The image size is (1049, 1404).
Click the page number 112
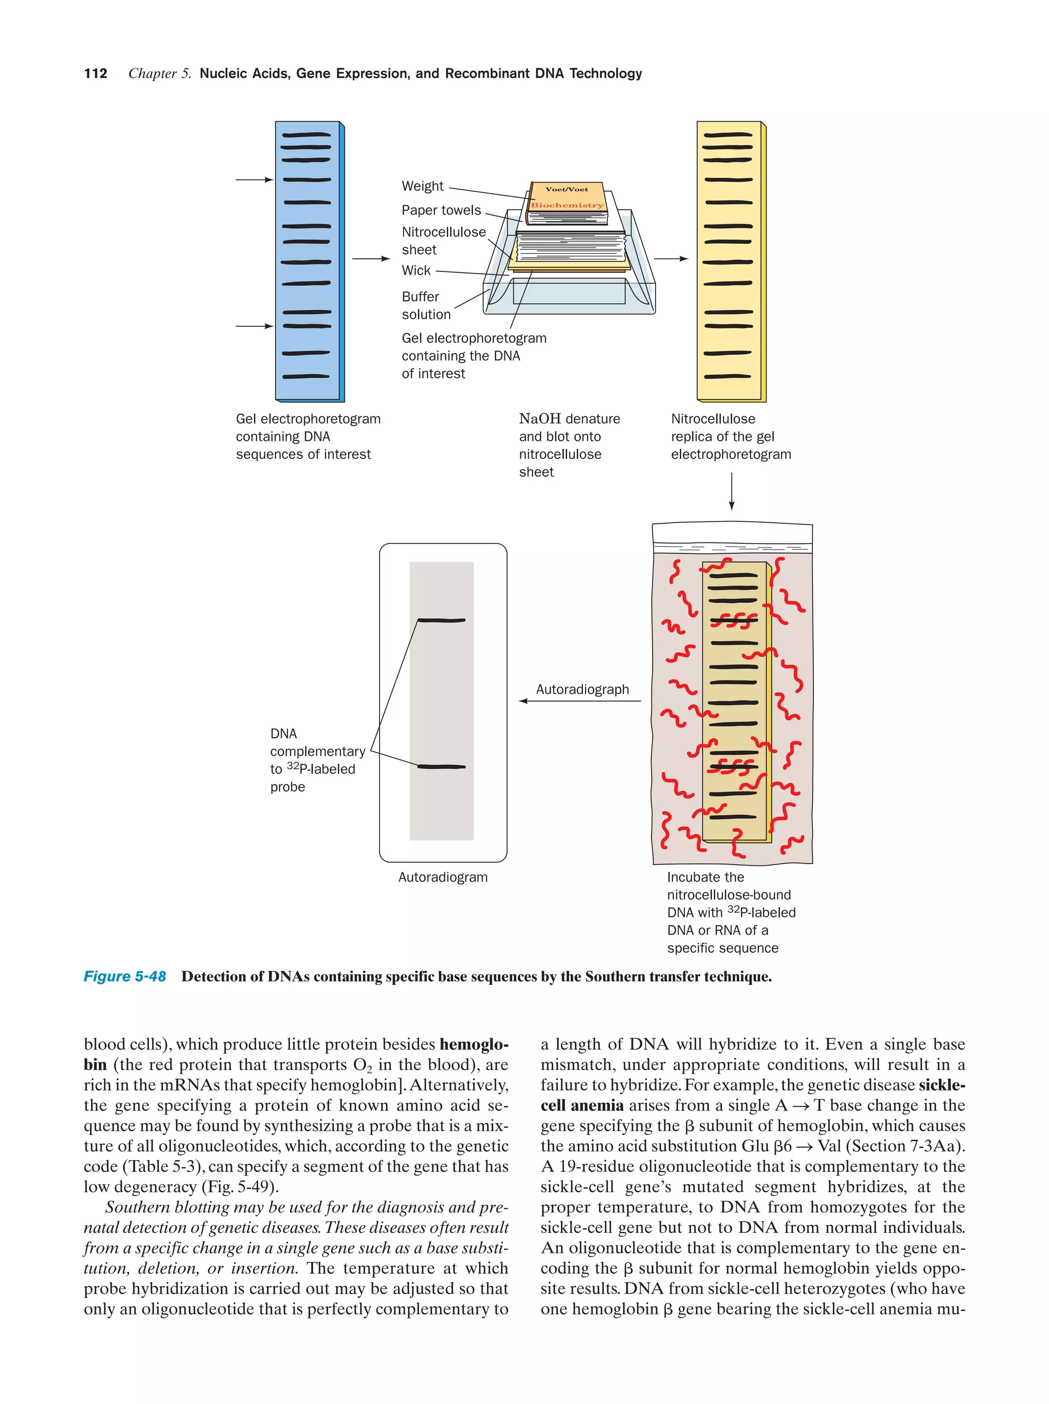point(95,74)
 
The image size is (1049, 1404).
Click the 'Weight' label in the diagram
point(422,186)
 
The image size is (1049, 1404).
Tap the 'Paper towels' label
point(441,210)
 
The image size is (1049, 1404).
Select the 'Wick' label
point(416,270)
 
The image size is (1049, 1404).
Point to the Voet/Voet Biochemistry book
point(567,197)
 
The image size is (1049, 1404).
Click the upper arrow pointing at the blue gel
point(254,180)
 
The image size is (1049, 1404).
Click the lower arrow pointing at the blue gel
point(254,326)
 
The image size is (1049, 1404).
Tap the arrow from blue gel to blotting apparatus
point(371,259)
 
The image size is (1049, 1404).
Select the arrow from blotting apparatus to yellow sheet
point(671,259)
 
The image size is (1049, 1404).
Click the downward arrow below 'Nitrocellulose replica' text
point(732,491)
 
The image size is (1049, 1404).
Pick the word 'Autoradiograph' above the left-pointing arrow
point(582,689)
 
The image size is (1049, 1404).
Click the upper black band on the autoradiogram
point(441,620)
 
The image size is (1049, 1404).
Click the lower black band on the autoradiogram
point(441,767)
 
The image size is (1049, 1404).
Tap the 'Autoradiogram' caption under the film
point(443,877)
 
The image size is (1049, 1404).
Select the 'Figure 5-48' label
point(124,977)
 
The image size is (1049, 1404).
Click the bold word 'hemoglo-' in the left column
point(473,1044)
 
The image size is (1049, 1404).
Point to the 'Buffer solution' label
point(425,305)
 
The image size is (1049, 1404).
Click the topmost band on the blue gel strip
point(306,135)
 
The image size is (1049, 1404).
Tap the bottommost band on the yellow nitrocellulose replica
point(728,376)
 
